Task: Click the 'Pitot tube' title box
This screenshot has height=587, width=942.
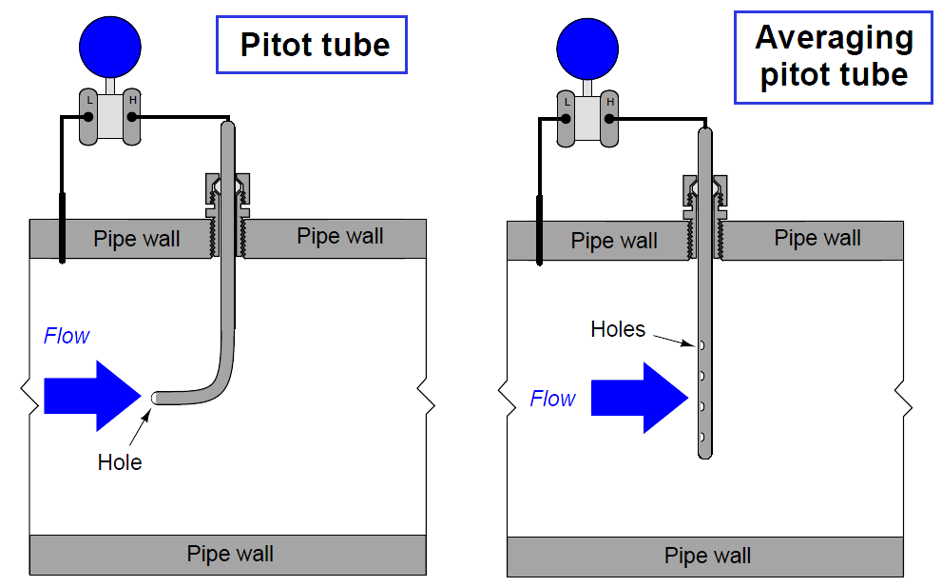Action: point(313,45)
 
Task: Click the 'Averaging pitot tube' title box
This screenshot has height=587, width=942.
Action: point(834,57)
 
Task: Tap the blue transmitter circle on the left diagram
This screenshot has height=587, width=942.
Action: point(110,46)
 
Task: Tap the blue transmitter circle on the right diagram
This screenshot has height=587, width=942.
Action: point(587,46)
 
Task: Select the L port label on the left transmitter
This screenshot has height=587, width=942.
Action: point(89,100)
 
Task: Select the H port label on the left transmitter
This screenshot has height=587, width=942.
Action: point(132,100)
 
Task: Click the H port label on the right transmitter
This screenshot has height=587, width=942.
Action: point(609,101)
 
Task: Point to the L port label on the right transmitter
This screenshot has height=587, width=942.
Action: point(567,101)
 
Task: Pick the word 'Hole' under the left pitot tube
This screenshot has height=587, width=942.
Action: point(120,462)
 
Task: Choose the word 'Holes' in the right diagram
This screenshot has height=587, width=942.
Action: point(618,329)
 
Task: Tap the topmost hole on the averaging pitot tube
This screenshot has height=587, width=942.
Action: point(702,344)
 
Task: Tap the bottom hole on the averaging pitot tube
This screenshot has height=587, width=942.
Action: point(702,437)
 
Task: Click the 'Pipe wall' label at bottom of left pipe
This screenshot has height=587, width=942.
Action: point(230,554)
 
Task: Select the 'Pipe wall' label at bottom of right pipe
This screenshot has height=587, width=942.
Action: point(707,556)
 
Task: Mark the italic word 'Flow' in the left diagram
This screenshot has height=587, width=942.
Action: point(67,336)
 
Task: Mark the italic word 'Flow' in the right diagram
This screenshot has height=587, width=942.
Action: point(552,399)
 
